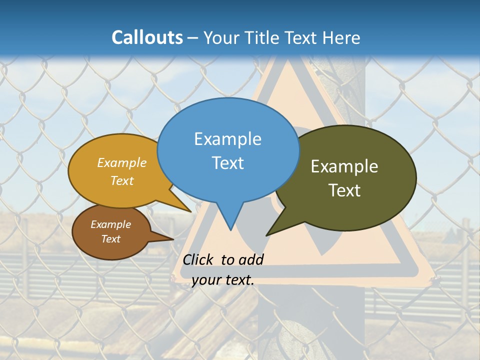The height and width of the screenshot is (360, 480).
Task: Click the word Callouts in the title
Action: [147, 37]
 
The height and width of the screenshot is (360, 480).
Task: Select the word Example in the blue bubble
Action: [227, 139]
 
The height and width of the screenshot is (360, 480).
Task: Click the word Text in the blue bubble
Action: [227, 162]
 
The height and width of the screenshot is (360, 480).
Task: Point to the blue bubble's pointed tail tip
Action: [230, 230]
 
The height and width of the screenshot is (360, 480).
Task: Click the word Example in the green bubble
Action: [344, 166]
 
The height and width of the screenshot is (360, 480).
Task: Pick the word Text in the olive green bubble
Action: [344, 190]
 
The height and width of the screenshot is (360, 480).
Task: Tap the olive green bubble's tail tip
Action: [266, 235]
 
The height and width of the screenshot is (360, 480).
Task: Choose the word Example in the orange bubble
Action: [122, 163]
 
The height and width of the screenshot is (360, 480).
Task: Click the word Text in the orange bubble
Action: [122, 180]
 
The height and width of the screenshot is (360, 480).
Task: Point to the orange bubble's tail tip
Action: [191, 211]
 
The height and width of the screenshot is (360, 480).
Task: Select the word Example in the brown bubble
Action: [110, 224]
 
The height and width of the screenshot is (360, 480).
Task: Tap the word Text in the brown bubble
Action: [110, 239]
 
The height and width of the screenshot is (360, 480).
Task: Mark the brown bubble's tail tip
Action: [173, 239]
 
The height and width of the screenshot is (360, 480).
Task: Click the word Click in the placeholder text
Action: [198, 259]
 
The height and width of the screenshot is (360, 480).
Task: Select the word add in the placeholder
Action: [251, 259]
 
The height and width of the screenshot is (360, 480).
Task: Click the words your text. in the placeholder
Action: [223, 280]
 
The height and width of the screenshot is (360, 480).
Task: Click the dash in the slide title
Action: [193, 38]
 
